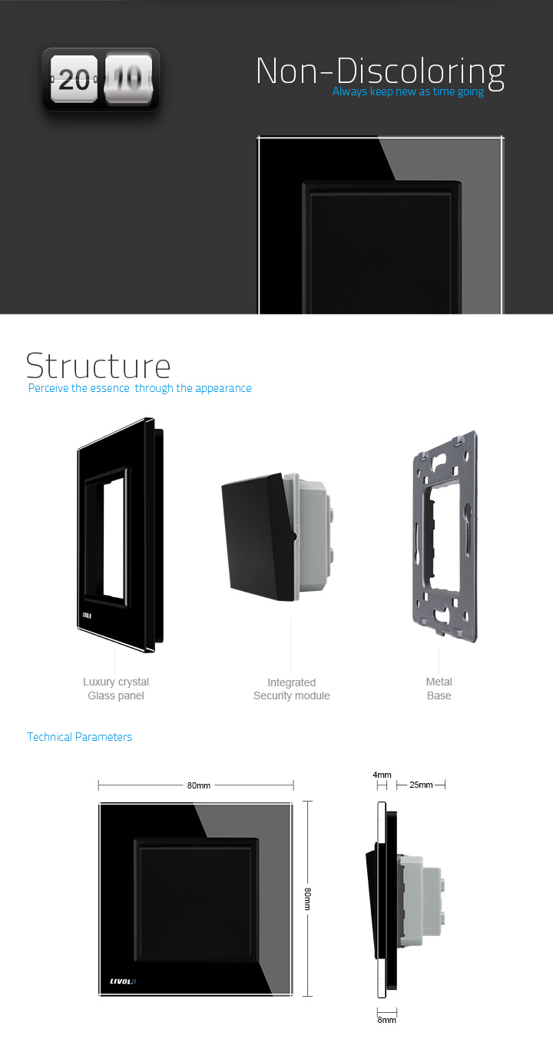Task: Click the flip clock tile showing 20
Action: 74,79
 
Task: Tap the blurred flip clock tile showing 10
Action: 129,79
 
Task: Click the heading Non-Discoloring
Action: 380,71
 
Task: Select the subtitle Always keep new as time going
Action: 408,91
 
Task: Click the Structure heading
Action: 98,366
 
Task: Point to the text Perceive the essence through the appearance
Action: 140,388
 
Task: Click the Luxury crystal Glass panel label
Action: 116,689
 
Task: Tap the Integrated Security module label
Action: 291,689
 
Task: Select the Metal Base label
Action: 439,689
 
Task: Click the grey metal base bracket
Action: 445,536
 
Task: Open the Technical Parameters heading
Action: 80,737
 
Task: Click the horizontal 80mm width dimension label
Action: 198,785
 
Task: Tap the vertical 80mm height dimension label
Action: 307,898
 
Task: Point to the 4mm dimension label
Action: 382,775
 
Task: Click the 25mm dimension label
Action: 421,785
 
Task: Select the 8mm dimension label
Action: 387,1020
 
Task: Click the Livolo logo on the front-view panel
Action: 123,981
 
